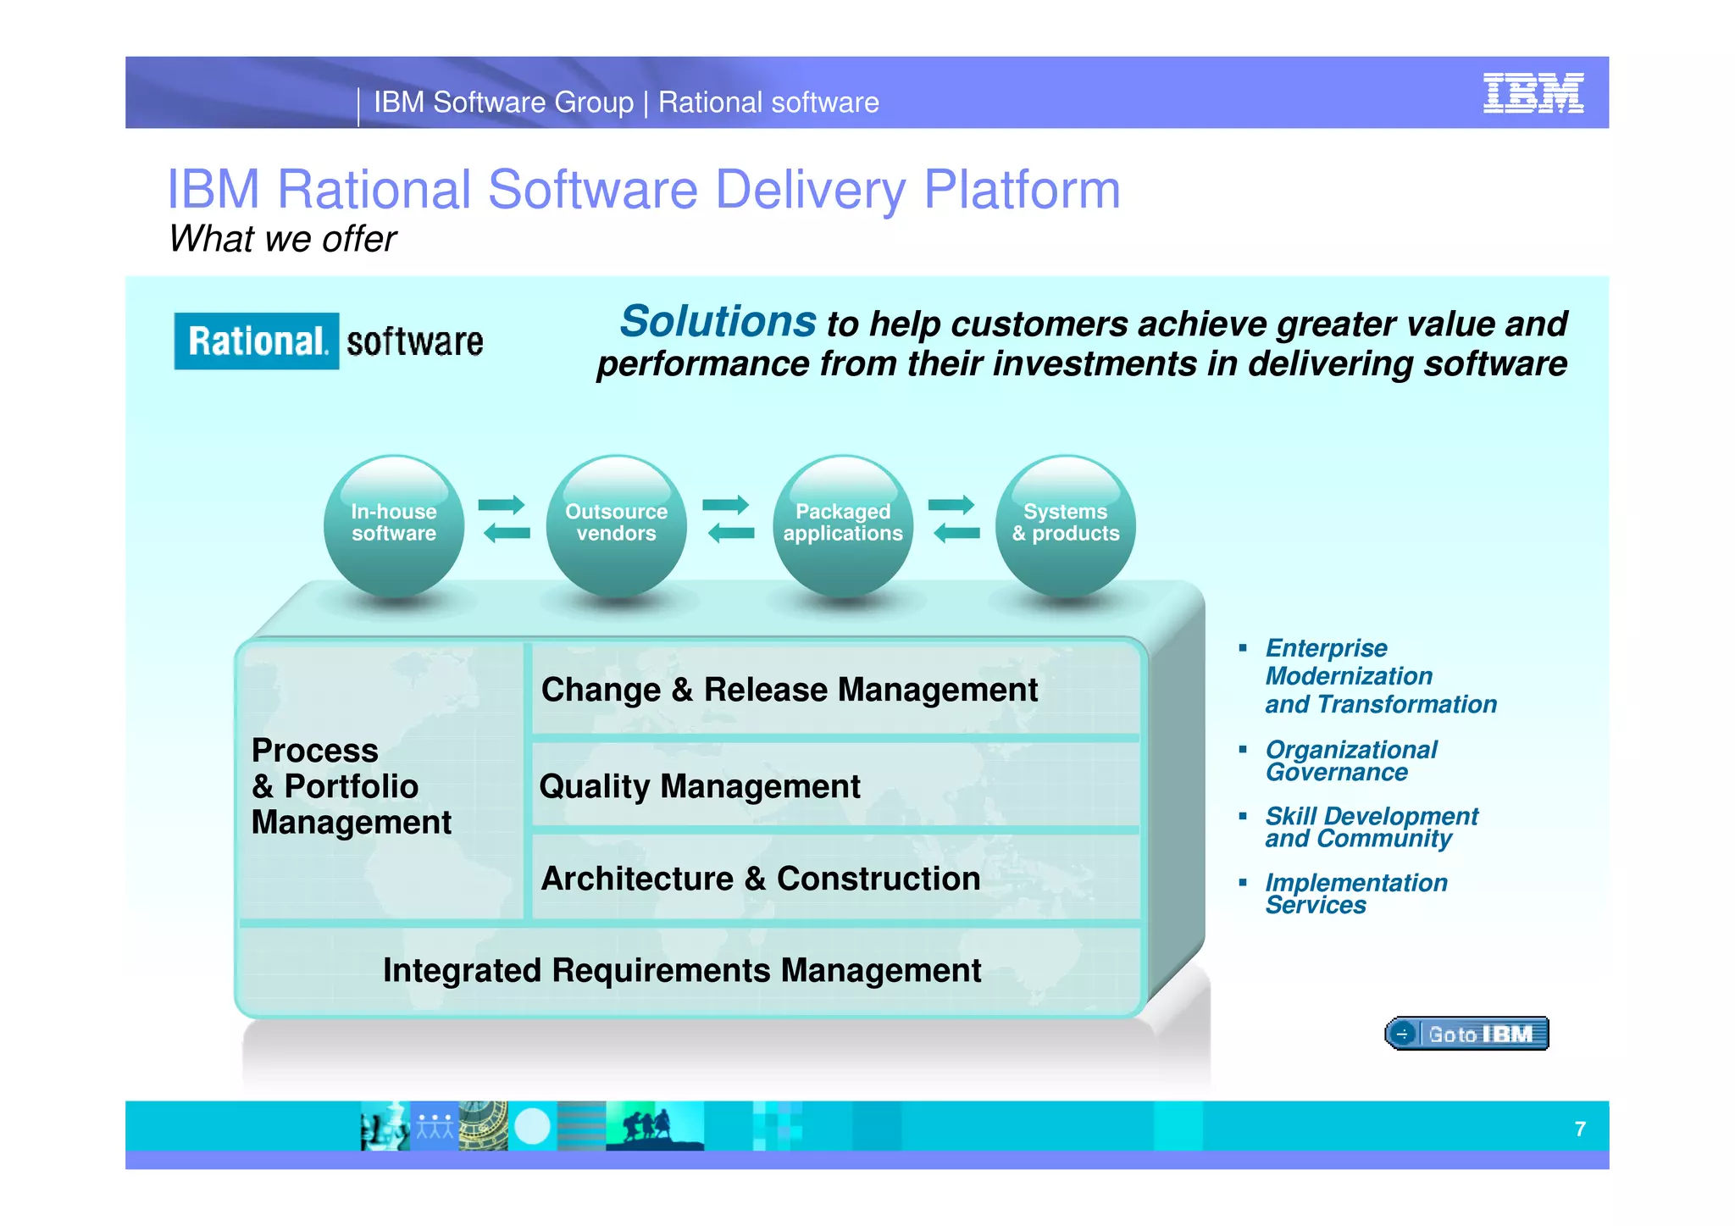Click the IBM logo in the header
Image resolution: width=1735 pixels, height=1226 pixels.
(x=1533, y=93)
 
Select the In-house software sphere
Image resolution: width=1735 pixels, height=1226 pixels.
(x=394, y=524)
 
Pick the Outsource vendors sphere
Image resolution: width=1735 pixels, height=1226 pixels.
(x=616, y=524)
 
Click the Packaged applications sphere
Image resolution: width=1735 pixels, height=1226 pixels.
(x=842, y=524)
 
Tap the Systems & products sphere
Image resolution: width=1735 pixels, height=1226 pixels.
(x=1065, y=524)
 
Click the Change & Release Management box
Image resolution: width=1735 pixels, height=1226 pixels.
(x=834, y=690)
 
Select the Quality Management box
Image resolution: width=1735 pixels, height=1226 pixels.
(x=834, y=786)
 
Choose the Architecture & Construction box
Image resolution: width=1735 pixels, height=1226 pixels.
(x=834, y=879)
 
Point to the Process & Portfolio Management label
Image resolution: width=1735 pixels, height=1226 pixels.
(x=351, y=786)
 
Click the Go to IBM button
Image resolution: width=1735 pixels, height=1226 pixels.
(x=1466, y=1034)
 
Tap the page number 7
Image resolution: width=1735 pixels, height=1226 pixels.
(x=1580, y=1129)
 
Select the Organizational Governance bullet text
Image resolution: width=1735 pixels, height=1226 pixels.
(x=1350, y=761)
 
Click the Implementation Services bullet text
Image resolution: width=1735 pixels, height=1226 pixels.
(x=1355, y=894)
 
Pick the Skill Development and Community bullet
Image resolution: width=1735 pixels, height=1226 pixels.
(x=1371, y=827)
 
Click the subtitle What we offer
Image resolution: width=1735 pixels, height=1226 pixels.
(x=282, y=239)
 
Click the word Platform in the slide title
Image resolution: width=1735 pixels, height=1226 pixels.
(x=1021, y=189)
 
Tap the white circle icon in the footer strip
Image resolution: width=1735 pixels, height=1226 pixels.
(x=532, y=1127)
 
